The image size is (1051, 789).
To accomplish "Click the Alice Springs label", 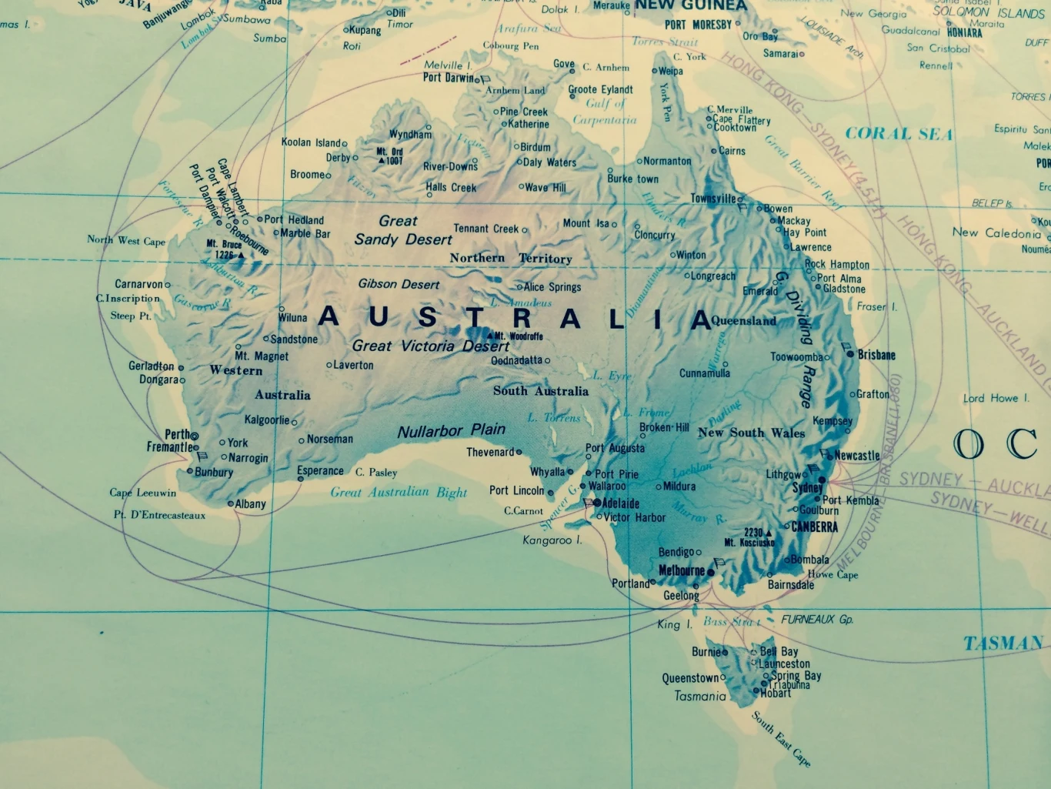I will [552, 287].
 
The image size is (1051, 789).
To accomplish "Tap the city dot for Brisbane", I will [850, 354].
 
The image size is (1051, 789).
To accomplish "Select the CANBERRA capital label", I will [814, 527].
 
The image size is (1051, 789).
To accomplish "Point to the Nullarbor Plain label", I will [452, 430].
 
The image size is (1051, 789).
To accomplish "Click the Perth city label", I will [177, 434].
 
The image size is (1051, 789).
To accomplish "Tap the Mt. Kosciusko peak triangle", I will [768, 533].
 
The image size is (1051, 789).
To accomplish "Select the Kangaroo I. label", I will [552, 540].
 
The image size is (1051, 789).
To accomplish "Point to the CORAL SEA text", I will [899, 134].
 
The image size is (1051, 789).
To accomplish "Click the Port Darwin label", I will [449, 77].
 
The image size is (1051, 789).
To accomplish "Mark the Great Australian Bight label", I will [399, 492].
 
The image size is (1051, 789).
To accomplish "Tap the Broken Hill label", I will [664, 427].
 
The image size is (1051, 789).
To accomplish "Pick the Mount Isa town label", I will [586, 223].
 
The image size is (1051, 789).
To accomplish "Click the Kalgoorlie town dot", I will [294, 422].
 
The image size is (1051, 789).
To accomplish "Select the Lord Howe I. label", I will [996, 398].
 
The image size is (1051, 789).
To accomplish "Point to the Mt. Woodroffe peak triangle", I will [489, 336].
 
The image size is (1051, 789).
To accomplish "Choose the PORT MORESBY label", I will [698, 25].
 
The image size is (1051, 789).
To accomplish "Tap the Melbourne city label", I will [682, 570].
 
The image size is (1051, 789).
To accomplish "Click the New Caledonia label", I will [996, 232].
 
